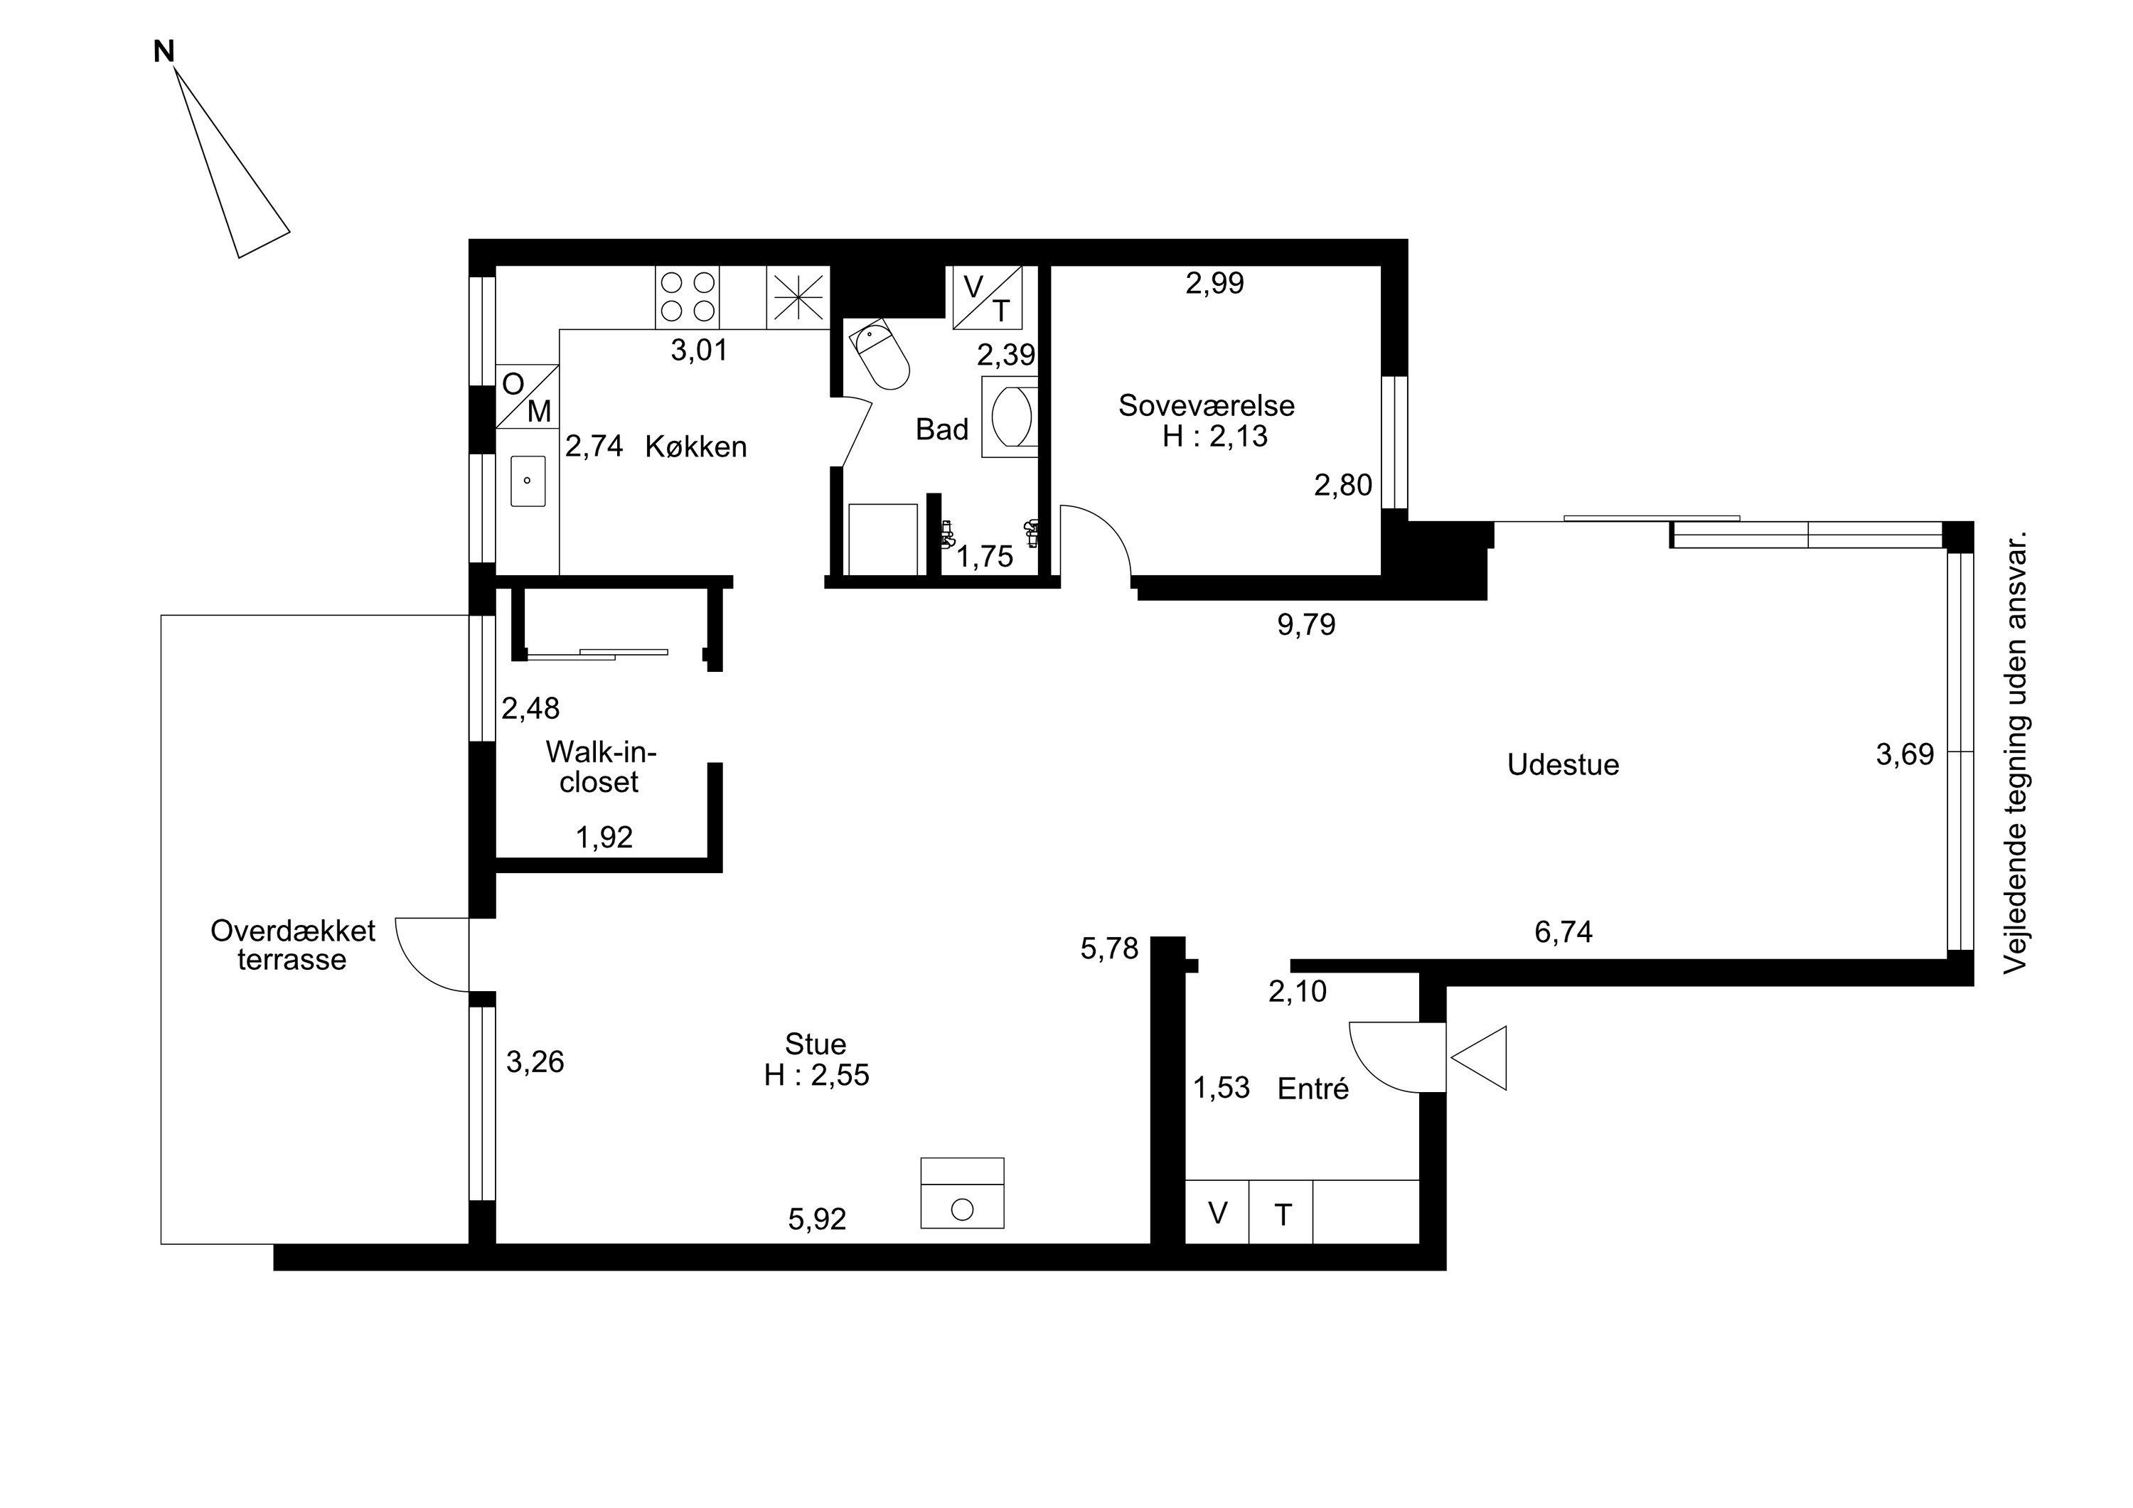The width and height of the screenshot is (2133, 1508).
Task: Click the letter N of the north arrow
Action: click(164, 52)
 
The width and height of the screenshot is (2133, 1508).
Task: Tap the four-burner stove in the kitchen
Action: click(688, 296)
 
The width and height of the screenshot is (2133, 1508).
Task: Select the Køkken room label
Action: click(696, 447)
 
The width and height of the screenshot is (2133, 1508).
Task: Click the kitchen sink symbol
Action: click(527, 481)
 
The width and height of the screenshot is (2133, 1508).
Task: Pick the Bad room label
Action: click(941, 429)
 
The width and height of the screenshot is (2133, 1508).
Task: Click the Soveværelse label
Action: click(1206, 405)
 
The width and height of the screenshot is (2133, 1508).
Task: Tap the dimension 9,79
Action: click(1306, 624)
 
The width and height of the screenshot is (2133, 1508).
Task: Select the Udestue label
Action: click(1563, 765)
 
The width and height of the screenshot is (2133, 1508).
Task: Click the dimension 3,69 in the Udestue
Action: click(1905, 754)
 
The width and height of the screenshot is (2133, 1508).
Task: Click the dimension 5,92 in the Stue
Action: click(817, 1219)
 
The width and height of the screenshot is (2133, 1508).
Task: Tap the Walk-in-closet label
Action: click(600, 766)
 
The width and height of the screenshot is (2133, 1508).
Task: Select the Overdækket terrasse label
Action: click(293, 945)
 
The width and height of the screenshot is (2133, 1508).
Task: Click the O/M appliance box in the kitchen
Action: click(527, 396)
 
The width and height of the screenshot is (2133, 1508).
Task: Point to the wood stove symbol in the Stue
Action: click(963, 1193)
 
